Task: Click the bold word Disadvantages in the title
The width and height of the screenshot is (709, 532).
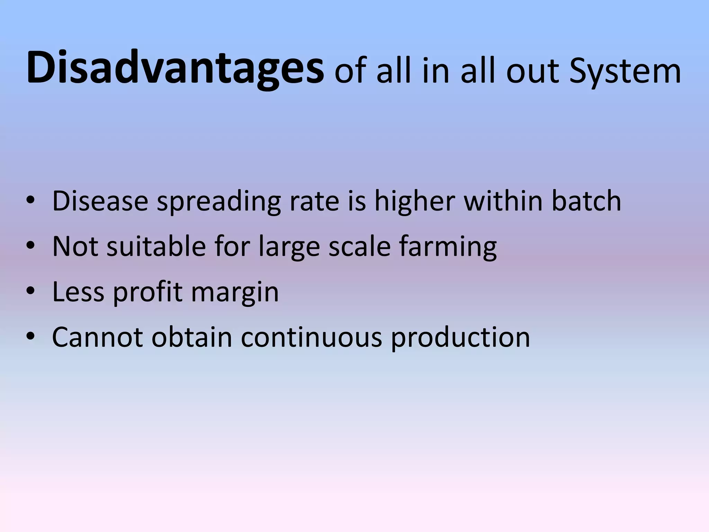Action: tap(175, 68)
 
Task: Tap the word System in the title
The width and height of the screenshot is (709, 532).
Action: tap(625, 72)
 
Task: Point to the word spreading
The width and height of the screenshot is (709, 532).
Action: tap(219, 202)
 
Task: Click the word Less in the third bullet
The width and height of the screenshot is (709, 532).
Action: tap(78, 292)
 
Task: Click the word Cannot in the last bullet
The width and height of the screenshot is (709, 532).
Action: tap(97, 337)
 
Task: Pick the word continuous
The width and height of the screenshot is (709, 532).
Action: tap(311, 337)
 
